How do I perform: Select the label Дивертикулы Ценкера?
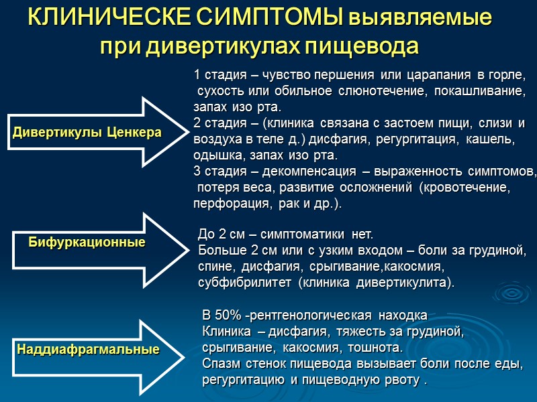pos(87,133)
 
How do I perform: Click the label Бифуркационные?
pos(87,242)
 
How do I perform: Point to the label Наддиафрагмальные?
pos(88,349)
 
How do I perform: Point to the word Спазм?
pos(220,364)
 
